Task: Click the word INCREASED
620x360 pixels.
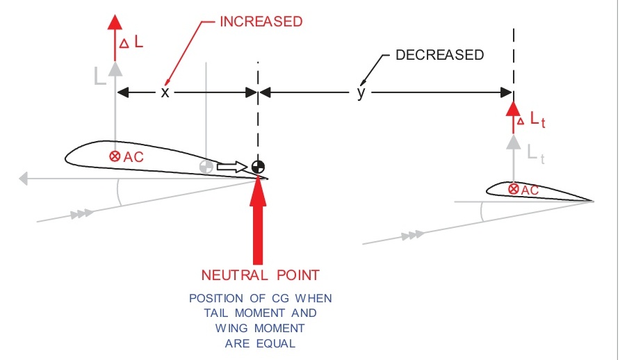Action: pos(261,22)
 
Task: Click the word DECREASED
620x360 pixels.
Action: pos(439,55)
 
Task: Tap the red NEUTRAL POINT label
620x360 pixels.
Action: pos(260,274)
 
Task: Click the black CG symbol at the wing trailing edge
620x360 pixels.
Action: pos(258,167)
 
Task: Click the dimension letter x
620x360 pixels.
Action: pos(165,92)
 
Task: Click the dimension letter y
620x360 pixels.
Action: pos(361,93)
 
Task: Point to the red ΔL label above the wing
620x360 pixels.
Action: pos(133,42)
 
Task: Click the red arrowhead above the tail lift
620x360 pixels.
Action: pos(514,108)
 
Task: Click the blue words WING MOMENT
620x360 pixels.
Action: pos(260,328)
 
